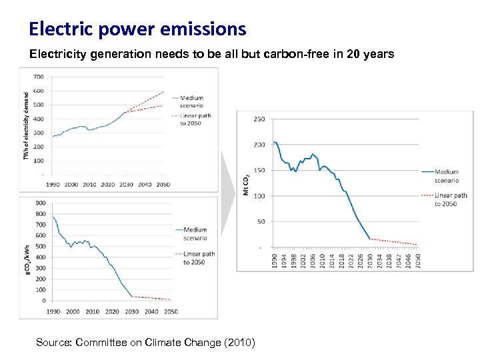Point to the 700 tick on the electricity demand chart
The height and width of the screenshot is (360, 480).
[39, 77]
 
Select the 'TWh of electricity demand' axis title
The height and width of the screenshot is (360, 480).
[27, 126]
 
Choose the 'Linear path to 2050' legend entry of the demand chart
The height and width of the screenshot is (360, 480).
[192, 119]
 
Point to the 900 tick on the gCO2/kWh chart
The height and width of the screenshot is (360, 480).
[41, 203]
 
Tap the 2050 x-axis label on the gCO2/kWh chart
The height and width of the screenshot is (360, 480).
[171, 311]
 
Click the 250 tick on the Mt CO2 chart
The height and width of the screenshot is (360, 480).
[259, 119]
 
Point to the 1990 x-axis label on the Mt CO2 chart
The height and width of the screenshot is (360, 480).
[274, 259]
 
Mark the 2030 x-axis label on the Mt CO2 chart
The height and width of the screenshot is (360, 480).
[370, 259]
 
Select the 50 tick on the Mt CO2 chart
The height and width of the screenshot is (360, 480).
[261, 221]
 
